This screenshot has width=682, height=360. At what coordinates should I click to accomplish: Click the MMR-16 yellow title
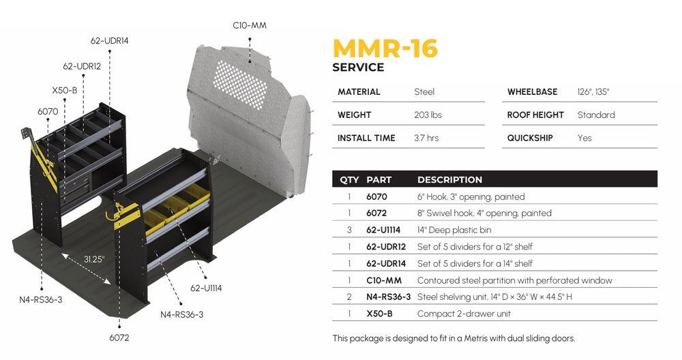coord(385,48)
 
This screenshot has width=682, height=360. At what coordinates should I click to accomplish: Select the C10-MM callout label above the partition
coord(250,25)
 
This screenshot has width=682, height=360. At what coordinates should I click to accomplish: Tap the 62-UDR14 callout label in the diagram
coord(109,41)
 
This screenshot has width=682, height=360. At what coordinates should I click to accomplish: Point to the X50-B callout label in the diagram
coord(64,90)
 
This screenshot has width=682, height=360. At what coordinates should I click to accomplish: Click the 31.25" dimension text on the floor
coord(95,259)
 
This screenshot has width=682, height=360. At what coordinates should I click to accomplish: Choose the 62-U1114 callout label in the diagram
coord(205,288)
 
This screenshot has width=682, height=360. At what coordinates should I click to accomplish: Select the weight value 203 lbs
coord(428,115)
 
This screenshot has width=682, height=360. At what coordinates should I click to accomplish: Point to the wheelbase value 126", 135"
coord(593,91)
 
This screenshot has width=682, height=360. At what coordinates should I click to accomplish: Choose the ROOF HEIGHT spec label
coord(535,115)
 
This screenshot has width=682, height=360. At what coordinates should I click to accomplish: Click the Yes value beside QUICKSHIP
coord(584,138)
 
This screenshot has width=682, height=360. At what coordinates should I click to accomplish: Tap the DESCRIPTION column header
coord(449,180)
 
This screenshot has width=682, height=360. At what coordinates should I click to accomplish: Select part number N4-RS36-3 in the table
coord(388,297)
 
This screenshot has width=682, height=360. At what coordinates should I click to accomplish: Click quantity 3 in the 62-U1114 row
coord(349,230)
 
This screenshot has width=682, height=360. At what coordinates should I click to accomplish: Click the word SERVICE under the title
coord(358,67)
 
